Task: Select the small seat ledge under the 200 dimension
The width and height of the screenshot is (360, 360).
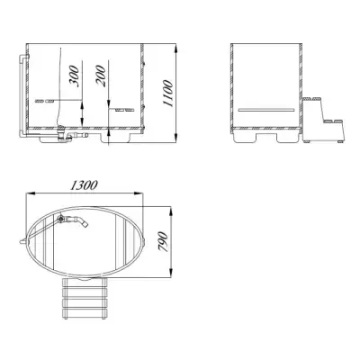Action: click(x=124, y=110)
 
